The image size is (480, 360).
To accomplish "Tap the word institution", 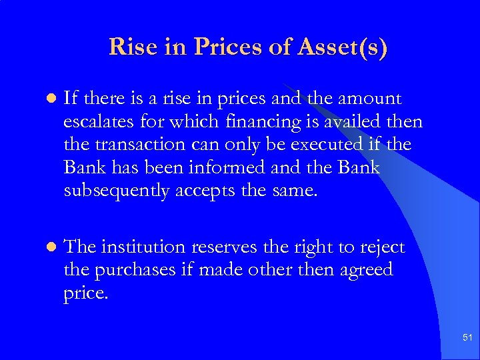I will coord(143,247).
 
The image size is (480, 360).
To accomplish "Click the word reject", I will coord(382,247).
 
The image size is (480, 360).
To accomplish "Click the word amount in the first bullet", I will coord(369,99).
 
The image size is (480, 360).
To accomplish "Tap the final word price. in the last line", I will coord(85,293).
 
